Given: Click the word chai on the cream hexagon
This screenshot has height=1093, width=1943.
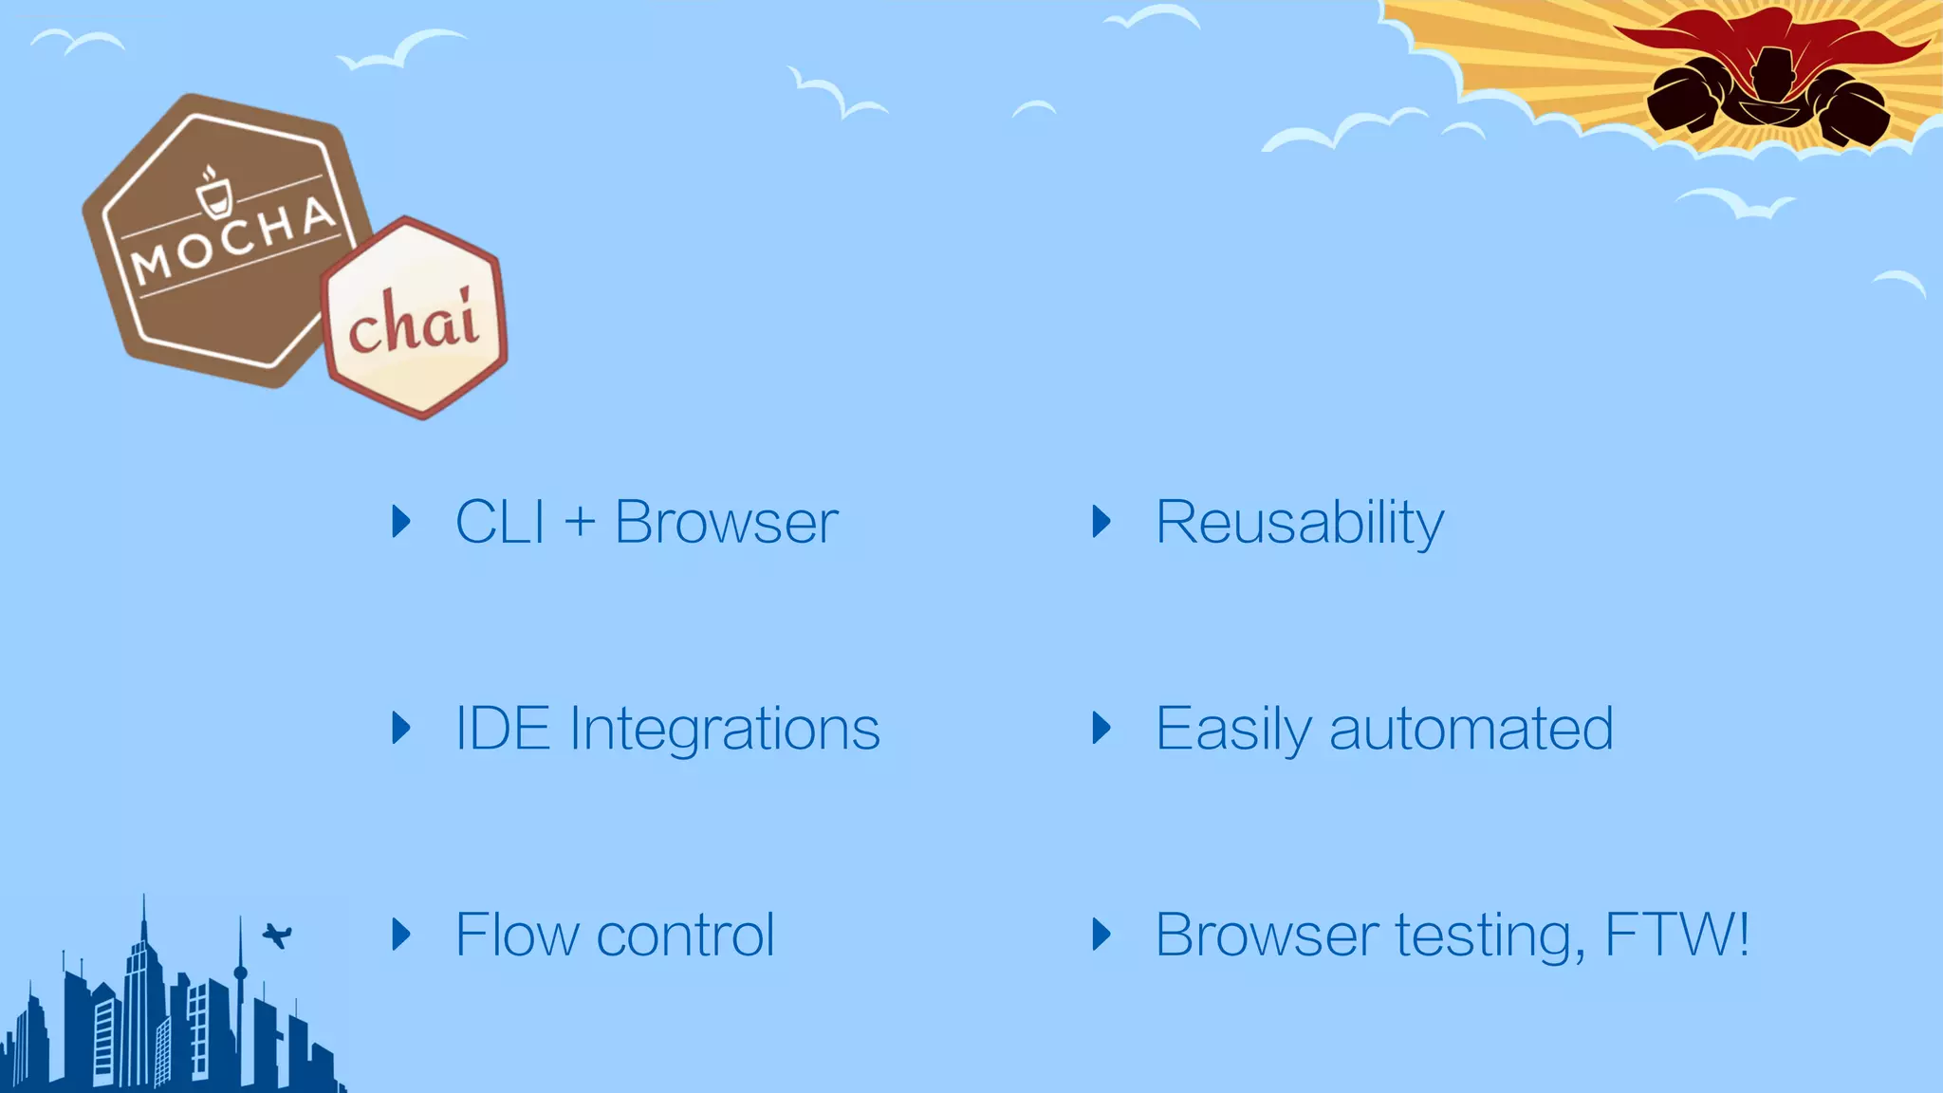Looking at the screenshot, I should pos(413,322).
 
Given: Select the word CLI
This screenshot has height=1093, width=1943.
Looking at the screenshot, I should pos(500,522).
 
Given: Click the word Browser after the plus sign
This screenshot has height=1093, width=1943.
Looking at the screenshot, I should pos(726,522).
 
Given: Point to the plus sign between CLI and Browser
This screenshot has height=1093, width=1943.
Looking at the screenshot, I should pos(580,523).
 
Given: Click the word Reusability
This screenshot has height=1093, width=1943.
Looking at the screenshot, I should pos(1299,523).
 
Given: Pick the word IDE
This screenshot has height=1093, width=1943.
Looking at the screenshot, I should pos(502,729).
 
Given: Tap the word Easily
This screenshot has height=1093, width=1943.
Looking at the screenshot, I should pos(1232,730).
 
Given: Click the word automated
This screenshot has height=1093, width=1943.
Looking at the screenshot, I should pos(1471,730).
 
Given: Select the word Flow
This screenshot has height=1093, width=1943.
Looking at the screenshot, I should pos(516,936).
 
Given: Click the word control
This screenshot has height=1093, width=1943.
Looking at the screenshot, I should pos(685,936).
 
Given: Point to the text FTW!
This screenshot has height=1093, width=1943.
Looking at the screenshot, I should pos(1676,935).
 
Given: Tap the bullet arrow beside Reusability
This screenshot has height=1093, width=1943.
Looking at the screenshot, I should pos(1101,521).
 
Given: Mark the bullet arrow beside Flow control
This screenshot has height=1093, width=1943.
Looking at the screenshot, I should pos(401,935).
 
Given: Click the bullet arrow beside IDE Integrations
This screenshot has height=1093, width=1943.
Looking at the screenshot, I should pos(401,728).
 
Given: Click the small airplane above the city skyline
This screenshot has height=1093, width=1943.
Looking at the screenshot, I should pos(277,936).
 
